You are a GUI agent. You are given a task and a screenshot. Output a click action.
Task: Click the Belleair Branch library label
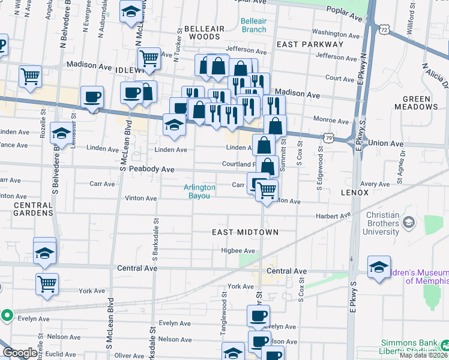click(253, 25)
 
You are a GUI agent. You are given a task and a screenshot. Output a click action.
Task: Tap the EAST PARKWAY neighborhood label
click(310, 44)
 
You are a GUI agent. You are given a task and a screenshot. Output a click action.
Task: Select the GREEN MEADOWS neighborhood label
click(420, 103)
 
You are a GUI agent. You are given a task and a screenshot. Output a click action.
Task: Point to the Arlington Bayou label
click(201, 191)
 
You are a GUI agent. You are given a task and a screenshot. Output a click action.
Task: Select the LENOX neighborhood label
click(358, 193)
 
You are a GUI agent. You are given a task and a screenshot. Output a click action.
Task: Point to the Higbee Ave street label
click(238, 251)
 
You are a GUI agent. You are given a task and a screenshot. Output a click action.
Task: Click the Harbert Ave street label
click(334, 215)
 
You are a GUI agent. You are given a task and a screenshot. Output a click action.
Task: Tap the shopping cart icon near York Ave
click(47, 284)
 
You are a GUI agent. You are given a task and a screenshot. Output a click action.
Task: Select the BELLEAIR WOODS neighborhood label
click(204, 32)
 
